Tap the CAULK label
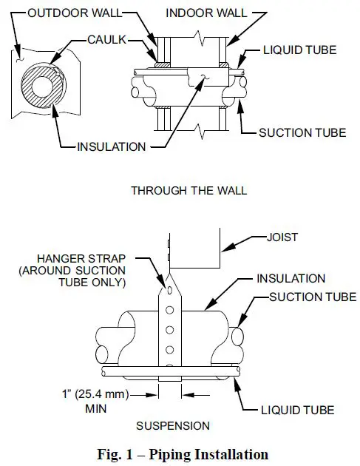click(106, 39)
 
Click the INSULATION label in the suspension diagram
click(291, 279)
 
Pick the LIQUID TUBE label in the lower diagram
click(299, 409)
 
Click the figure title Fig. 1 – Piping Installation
click(180, 453)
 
